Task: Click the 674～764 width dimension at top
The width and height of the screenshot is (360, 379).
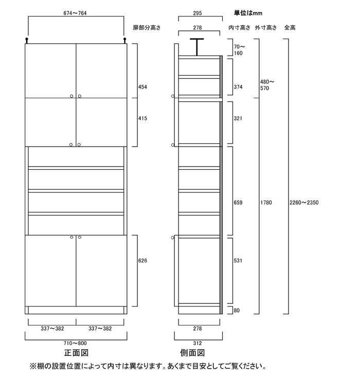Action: pos(75,13)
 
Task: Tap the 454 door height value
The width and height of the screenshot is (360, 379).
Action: pos(142,87)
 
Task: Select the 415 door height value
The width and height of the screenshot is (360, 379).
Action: pos(142,118)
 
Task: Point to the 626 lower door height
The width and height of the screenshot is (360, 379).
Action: pos(142,261)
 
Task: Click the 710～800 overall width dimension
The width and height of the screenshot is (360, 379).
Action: pos(75,343)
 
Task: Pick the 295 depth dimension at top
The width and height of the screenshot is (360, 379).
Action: pos(197,13)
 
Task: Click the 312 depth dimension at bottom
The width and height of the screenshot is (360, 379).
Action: pos(197,343)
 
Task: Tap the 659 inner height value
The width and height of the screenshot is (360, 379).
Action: pos(238,203)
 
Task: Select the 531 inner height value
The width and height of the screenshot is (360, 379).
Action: pos(238,261)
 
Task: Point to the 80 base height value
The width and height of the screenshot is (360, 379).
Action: pos(237,311)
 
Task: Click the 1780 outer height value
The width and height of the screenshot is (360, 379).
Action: pos(266,203)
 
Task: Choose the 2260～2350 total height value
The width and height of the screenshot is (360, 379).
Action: pos(304,203)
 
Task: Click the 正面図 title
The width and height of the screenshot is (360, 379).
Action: pos(76,353)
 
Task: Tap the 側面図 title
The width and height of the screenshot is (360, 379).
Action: pos(192,353)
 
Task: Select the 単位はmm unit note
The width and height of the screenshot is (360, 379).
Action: pos(248,13)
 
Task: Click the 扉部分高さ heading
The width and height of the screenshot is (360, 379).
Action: pos(147,28)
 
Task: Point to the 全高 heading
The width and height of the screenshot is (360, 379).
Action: pos(290,28)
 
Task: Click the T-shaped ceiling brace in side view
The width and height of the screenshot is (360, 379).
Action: pos(197,47)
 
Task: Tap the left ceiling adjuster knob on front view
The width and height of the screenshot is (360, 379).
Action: pos(27,40)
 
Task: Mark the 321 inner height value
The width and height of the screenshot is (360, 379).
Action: pos(238,118)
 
